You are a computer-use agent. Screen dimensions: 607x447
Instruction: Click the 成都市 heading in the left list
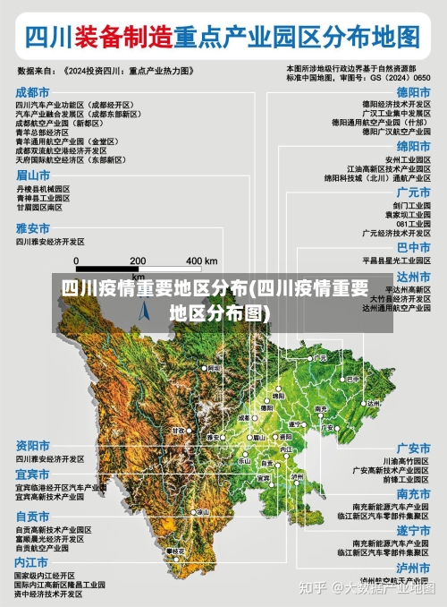click(x=32, y=92)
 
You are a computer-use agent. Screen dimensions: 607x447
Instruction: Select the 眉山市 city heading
click(x=32, y=175)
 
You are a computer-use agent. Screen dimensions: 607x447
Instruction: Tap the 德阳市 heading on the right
click(x=414, y=92)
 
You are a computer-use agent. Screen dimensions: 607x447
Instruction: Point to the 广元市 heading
click(x=414, y=192)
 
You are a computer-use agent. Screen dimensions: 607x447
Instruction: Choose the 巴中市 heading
click(x=414, y=247)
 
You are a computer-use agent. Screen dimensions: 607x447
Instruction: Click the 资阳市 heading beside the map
click(x=32, y=445)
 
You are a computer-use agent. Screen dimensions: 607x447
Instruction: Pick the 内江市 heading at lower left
click(x=32, y=561)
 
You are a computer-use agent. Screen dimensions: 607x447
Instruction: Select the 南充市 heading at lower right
click(x=414, y=494)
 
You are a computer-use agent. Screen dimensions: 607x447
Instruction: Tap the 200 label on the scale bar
click(x=138, y=261)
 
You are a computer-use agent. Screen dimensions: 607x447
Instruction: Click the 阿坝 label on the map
click(x=213, y=367)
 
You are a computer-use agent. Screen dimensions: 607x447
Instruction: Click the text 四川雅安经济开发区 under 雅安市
click(x=50, y=242)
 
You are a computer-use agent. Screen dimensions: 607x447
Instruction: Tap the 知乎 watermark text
click(x=312, y=588)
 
